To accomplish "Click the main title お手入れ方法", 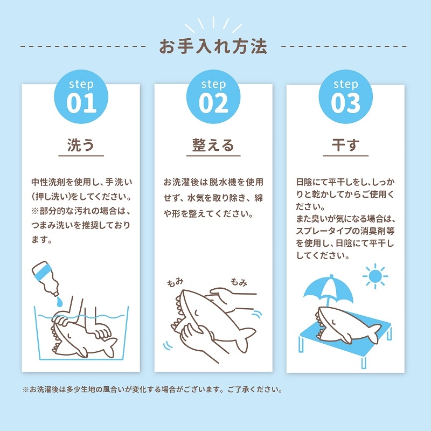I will click(213, 46).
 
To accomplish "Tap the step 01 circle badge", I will click(81, 98).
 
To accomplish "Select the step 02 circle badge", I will click(213, 98).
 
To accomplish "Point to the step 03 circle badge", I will click(345, 98).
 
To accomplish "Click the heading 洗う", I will click(81, 145).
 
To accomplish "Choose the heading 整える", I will click(213, 145).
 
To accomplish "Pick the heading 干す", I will click(345, 145).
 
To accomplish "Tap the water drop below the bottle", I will click(60, 300).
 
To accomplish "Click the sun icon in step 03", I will click(376, 276).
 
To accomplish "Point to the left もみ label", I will click(176, 283).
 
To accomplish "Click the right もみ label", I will click(239, 281).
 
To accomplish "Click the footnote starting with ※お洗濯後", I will click(152, 389).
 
